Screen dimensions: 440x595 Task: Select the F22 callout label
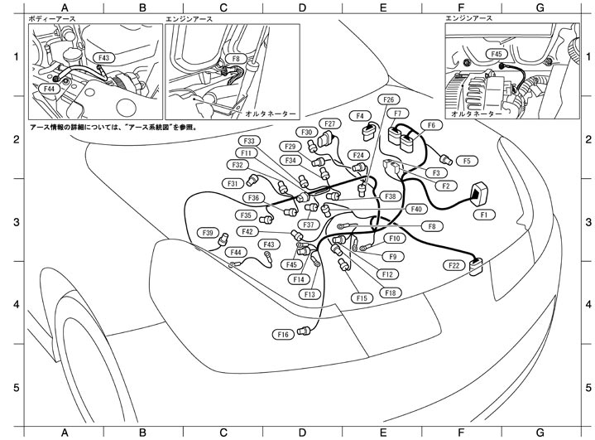pyautogui.click(x=454, y=265)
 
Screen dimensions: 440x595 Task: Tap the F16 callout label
pyautogui.click(x=283, y=334)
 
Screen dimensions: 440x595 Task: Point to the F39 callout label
pyautogui.click(x=210, y=233)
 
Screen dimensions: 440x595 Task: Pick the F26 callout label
pyautogui.click(x=387, y=99)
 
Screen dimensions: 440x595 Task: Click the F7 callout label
pyautogui.click(x=398, y=114)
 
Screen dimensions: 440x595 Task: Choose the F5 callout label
pyautogui.click(x=466, y=161)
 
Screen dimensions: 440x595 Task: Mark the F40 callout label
pyautogui.click(x=416, y=209)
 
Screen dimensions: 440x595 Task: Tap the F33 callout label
pyautogui.click(x=250, y=141)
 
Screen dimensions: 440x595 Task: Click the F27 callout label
pyautogui.click(x=330, y=124)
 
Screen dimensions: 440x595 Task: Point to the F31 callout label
pyautogui.click(x=234, y=183)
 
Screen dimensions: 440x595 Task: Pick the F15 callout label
pyautogui.click(x=361, y=297)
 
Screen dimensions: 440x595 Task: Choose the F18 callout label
pyautogui.click(x=390, y=293)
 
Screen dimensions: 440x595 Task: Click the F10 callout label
pyautogui.click(x=395, y=239)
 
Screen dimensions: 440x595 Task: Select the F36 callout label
pyautogui.click(x=254, y=198)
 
